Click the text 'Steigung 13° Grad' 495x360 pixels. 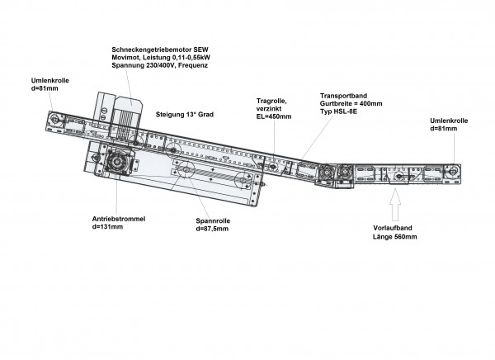[184, 115]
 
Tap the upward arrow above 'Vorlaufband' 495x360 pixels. [395, 204]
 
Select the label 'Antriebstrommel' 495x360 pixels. [119, 219]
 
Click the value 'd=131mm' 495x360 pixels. [107, 226]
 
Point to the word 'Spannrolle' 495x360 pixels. [213, 220]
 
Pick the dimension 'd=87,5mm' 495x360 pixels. [212, 229]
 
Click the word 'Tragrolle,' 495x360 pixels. [271, 101]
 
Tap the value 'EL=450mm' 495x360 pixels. [274, 116]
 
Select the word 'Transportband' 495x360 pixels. [343, 96]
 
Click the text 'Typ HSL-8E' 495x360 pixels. [339, 111]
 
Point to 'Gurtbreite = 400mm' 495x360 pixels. [351, 103]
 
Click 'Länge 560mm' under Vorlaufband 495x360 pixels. [394, 236]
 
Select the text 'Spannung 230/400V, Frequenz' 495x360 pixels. [160, 65]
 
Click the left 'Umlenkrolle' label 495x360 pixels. [49, 80]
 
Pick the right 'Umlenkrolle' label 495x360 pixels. [449, 121]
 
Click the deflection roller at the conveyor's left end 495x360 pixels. [54, 120]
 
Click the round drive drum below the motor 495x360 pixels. [117, 162]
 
